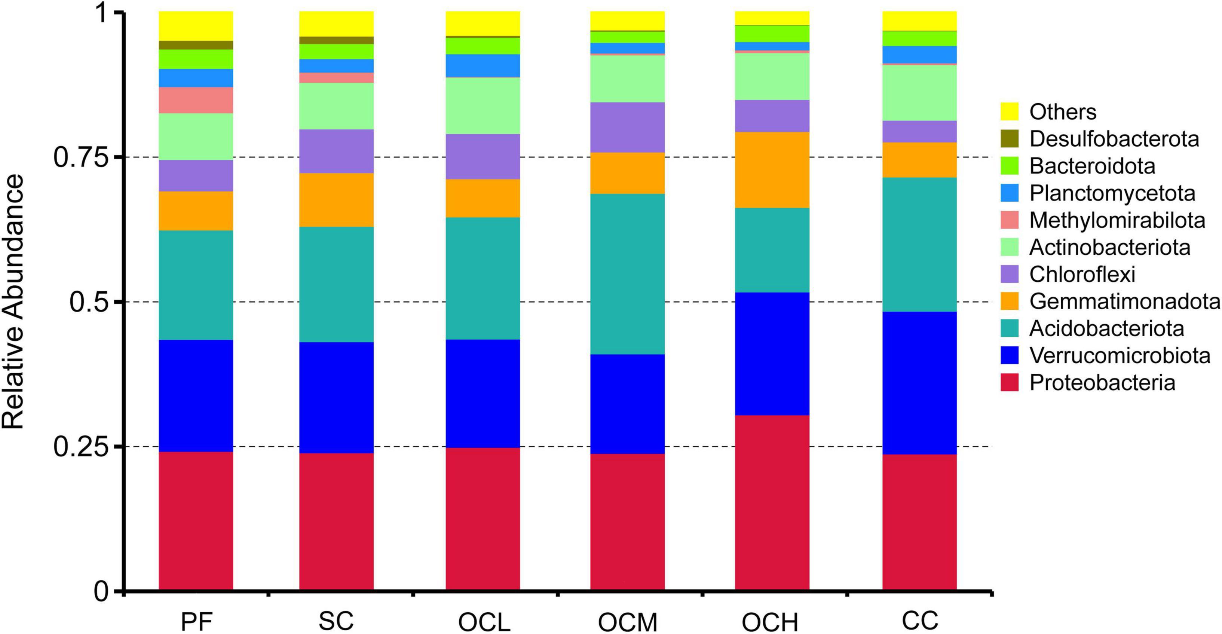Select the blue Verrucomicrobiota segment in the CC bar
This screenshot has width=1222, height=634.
919,383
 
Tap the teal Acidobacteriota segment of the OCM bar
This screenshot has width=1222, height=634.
627,274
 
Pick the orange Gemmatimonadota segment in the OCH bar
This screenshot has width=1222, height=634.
772,170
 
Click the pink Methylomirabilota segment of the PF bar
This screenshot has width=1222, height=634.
196,100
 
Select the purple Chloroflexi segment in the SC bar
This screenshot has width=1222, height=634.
336,151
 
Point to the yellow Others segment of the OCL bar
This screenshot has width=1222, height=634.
483,23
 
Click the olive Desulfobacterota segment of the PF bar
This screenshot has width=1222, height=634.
196,45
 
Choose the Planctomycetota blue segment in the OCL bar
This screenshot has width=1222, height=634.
483,65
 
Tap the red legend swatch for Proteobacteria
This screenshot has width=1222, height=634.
1010,383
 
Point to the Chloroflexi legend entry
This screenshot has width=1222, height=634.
1082,274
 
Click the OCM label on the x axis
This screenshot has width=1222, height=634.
627,622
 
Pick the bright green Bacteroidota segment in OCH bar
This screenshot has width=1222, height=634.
772,33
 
